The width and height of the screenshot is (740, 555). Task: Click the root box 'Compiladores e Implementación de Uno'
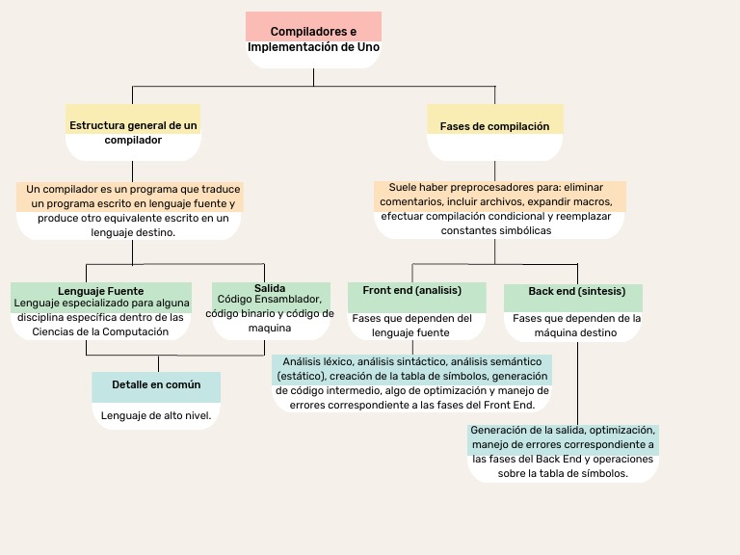pos(313,39)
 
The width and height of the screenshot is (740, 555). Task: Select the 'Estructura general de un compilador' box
pos(133,132)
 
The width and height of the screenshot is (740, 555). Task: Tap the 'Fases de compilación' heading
pos(494,126)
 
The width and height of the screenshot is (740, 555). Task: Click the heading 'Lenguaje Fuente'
pos(100,290)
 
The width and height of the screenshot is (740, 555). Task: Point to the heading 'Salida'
pos(269,288)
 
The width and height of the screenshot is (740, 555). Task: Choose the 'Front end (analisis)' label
pos(411,290)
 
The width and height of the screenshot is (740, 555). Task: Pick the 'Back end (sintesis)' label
pos(576,291)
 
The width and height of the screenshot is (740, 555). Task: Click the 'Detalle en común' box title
pos(156,384)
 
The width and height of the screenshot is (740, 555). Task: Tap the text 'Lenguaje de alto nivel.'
pos(156,414)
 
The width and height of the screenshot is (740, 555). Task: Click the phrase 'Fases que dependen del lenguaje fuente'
pos(411,325)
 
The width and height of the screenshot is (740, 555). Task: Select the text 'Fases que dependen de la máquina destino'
pos(576,325)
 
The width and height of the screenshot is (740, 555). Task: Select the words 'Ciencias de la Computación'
pos(100,330)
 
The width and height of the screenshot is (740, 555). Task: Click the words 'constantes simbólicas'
pos(495,231)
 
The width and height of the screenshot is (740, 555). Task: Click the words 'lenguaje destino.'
pos(133,232)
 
